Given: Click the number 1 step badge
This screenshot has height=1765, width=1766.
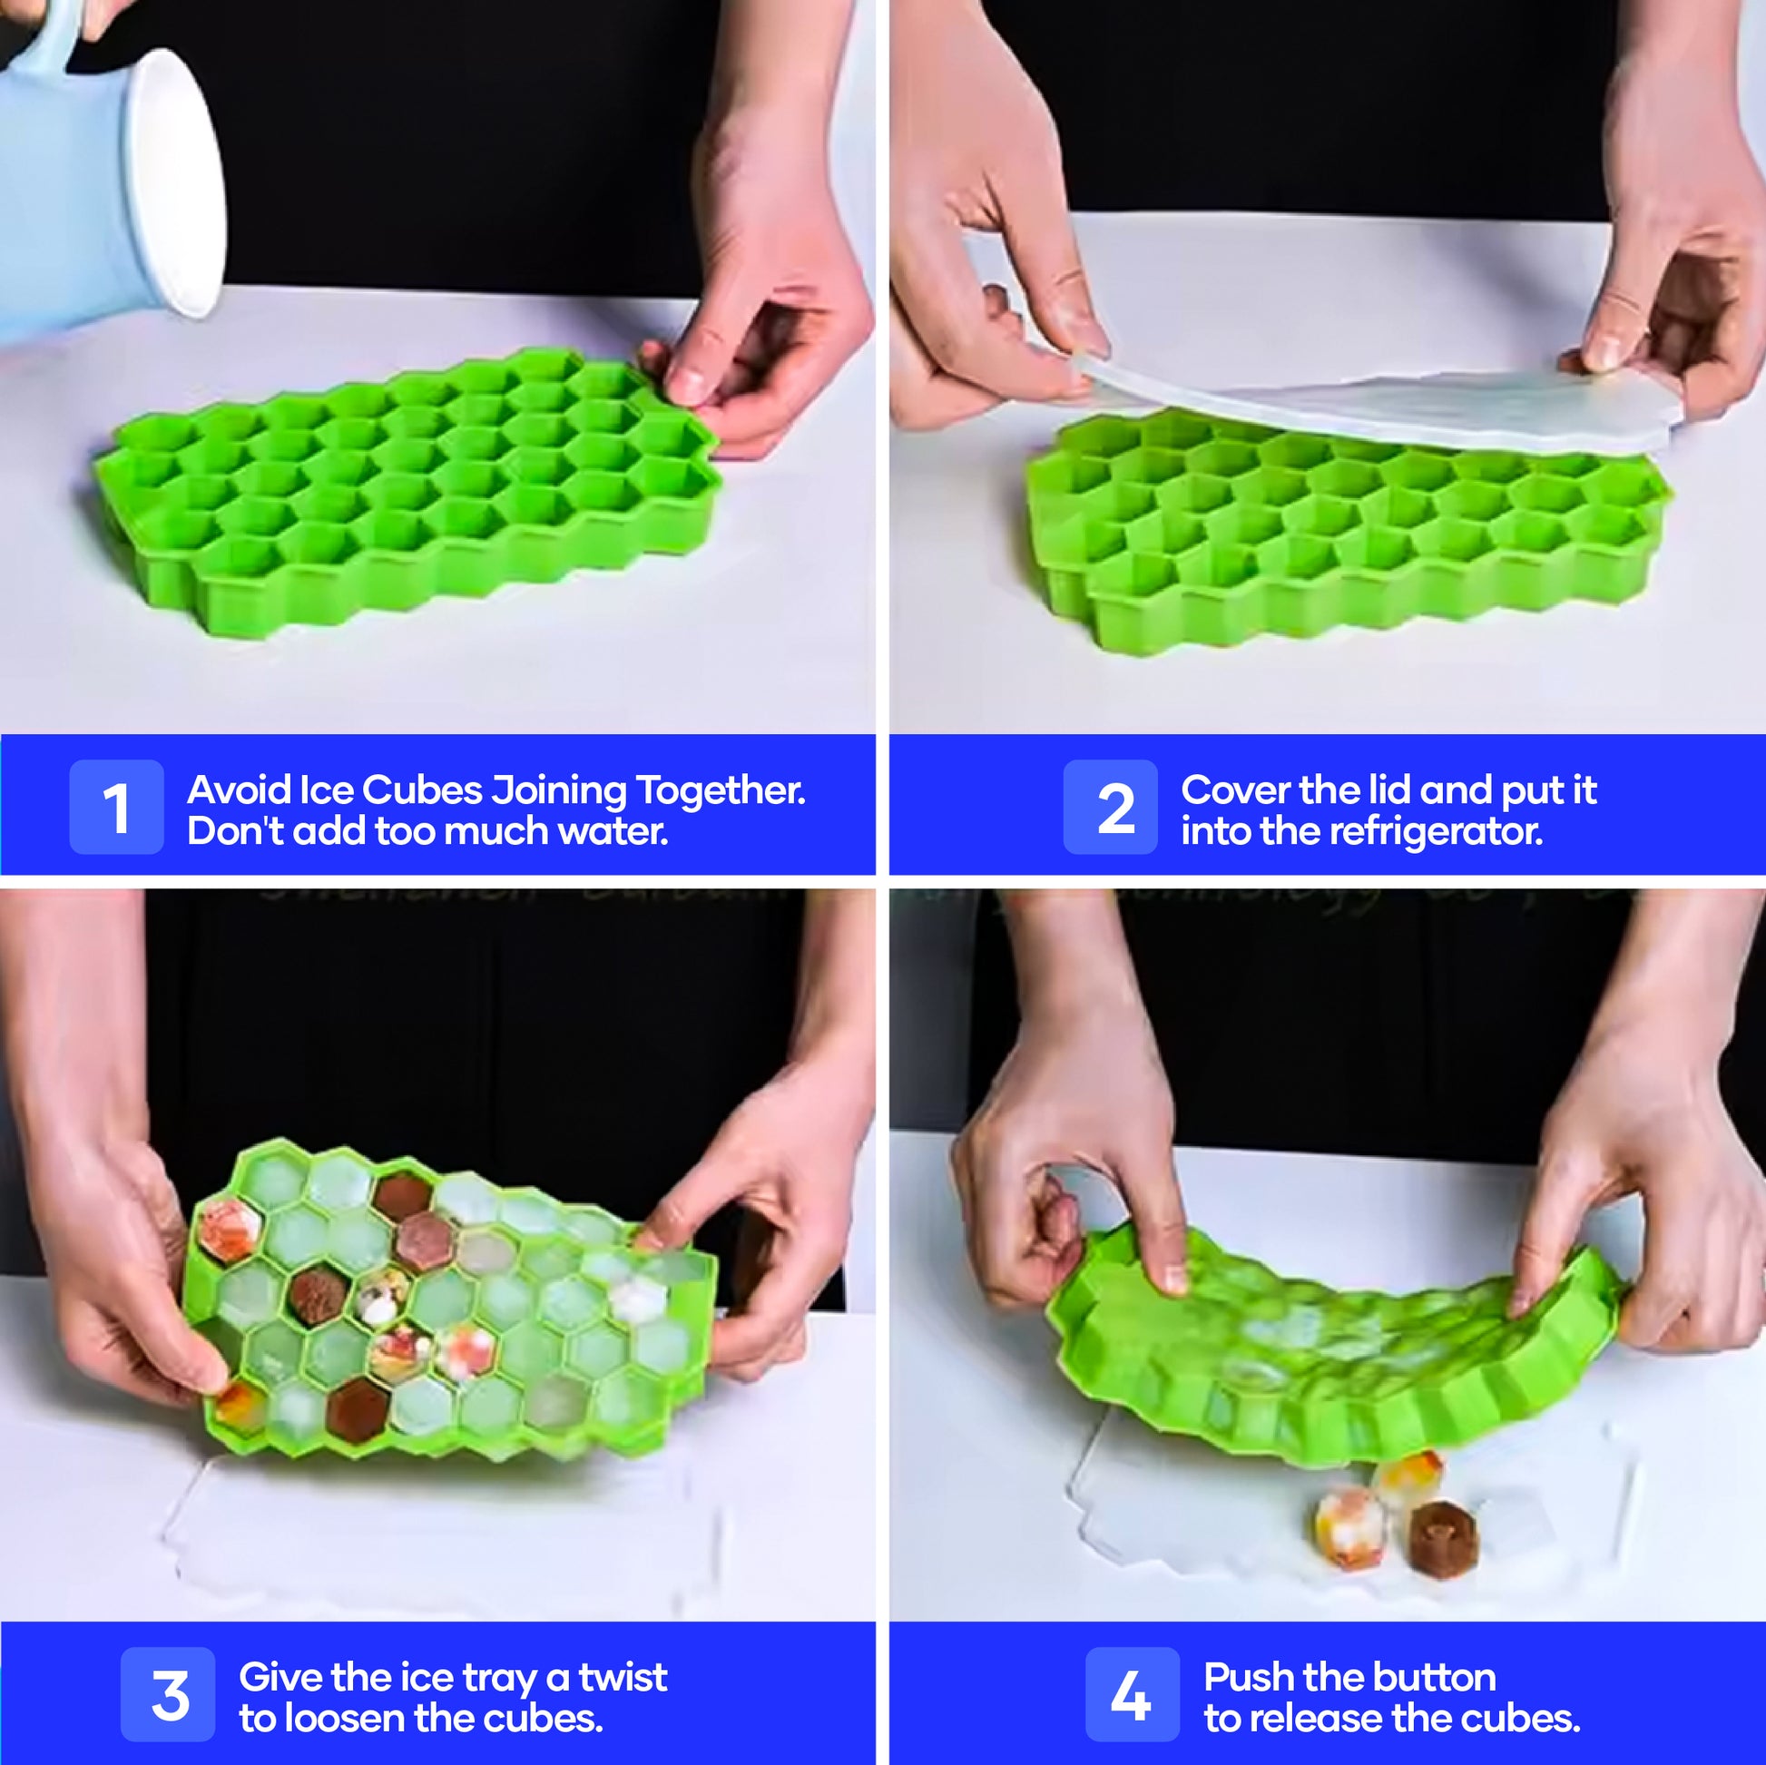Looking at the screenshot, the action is pyautogui.click(x=116, y=807).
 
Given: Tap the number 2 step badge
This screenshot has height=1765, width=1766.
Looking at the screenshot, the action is pyautogui.click(x=1111, y=807).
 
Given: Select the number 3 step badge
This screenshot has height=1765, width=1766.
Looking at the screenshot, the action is pyautogui.click(x=168, y=1694).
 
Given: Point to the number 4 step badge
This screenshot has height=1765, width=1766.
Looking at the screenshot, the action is pyautogui.click(x=1133, y=1694).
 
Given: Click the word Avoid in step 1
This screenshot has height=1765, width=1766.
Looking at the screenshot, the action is pyautogui.click(x=240, y=789).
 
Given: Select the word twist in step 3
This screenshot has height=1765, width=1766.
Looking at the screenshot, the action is pyautogui.click(x=623, y=1677).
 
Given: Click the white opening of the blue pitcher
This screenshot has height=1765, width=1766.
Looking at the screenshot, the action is pyautogui.click(x=177, y=182).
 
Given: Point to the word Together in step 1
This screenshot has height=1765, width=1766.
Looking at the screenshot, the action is pyautogui.click(x=721, y=791).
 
